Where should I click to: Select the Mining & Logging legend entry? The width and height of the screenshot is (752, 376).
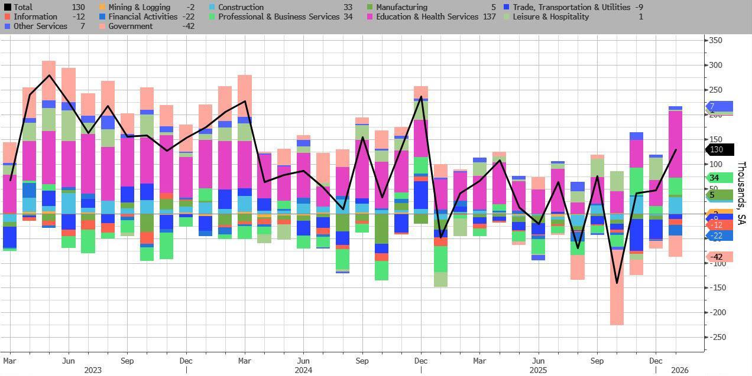131,7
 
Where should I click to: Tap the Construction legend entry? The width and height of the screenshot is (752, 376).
241,7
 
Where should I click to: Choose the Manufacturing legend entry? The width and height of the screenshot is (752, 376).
401,7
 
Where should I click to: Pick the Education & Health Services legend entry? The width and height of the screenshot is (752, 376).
427,17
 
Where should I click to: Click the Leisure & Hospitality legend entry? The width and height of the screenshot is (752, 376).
551,17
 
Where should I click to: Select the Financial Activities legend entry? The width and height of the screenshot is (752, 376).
142,17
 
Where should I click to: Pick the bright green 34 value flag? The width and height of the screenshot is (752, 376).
718,178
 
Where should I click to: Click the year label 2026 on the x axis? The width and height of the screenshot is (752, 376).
680,370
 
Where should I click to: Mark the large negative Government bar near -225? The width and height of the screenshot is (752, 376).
617,295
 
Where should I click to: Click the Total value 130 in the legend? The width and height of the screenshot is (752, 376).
79,7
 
